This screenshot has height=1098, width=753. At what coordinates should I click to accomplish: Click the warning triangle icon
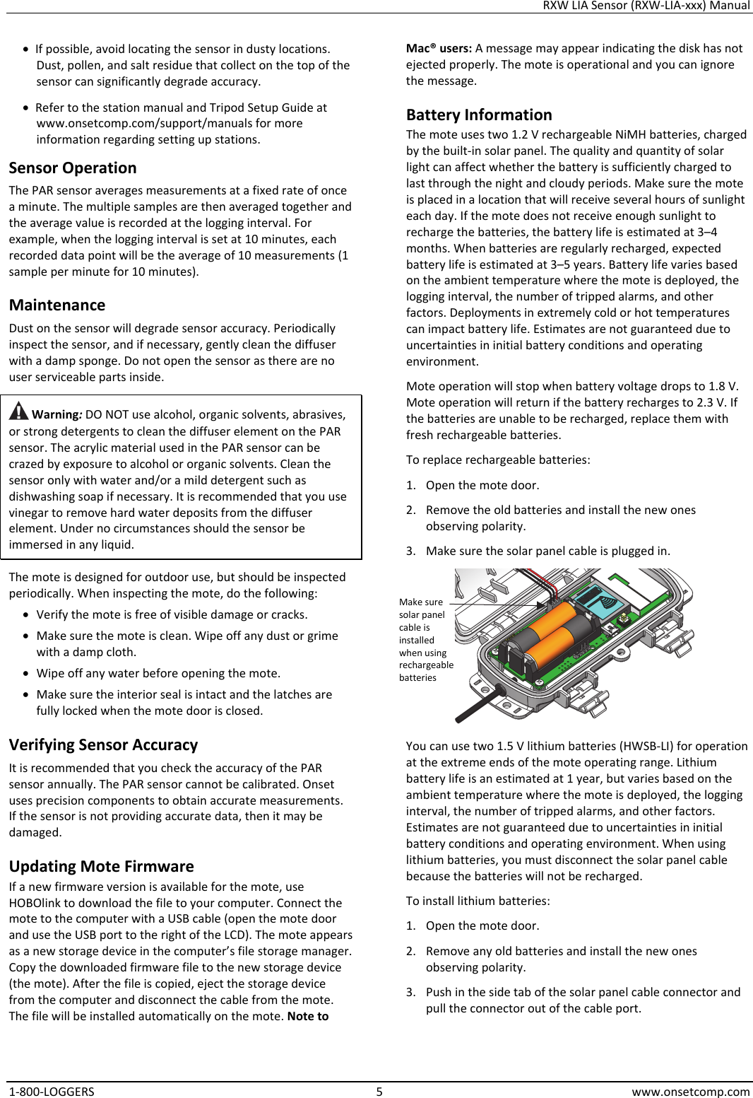point(19,410)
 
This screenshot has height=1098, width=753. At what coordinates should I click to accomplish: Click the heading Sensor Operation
point(73,168)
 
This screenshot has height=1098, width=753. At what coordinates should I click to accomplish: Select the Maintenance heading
point(57,305)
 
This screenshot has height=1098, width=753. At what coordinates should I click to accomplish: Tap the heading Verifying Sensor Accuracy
point(103,745)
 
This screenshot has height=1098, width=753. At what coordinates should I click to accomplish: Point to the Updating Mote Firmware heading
point(101,867)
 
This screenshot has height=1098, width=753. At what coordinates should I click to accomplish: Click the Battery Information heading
point(479,115)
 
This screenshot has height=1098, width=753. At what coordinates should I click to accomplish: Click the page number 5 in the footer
point(379,1092)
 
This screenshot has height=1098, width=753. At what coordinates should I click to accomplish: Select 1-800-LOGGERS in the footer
point(52,1092)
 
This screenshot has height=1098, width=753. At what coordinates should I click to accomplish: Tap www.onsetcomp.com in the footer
point(690,1092)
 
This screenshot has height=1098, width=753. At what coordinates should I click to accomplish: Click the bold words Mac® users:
point(439,49)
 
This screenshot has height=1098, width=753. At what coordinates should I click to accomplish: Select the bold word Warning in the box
point(57,415)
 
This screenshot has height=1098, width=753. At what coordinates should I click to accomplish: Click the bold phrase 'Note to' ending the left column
point(308,1017)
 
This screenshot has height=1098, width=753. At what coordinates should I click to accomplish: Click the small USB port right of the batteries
point(623,620)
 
